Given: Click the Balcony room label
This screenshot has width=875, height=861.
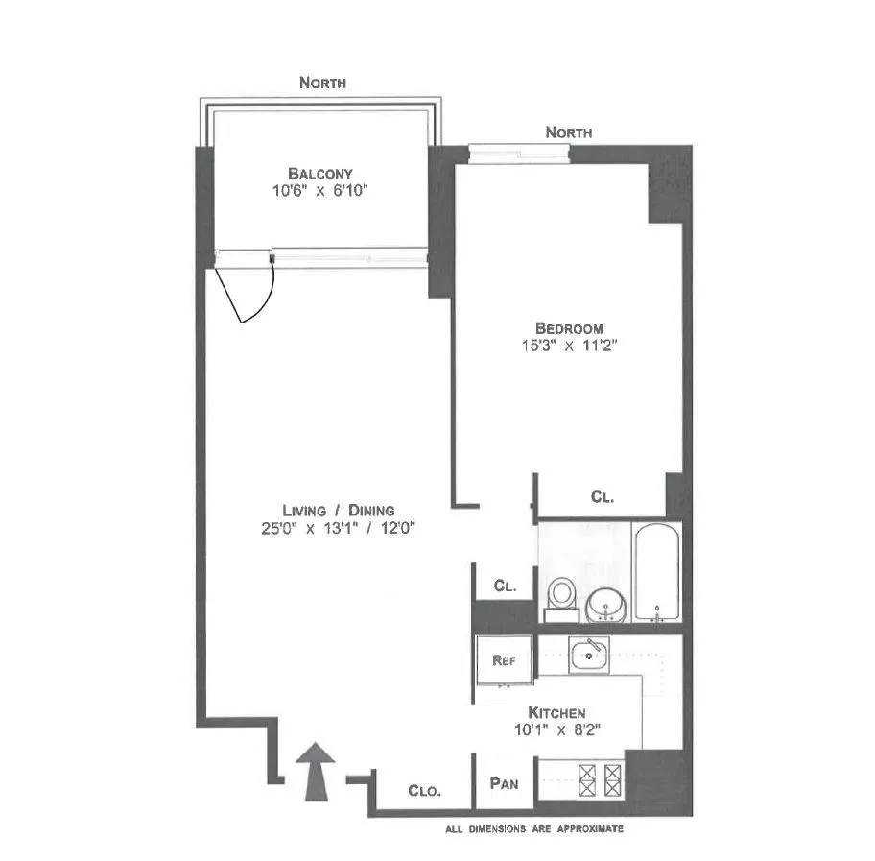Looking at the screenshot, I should click(320, 174).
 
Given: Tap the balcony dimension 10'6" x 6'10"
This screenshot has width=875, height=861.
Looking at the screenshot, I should click(320, 191).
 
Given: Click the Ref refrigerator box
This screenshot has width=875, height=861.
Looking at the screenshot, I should click(505, 660).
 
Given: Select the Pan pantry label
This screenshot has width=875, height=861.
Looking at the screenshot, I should click(505, 784).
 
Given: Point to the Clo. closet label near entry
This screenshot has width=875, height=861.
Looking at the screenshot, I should click(424, 791).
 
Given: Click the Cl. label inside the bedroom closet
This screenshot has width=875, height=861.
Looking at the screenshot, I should click(602, 497).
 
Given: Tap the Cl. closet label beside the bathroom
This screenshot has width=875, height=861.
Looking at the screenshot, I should click(506, 585).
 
